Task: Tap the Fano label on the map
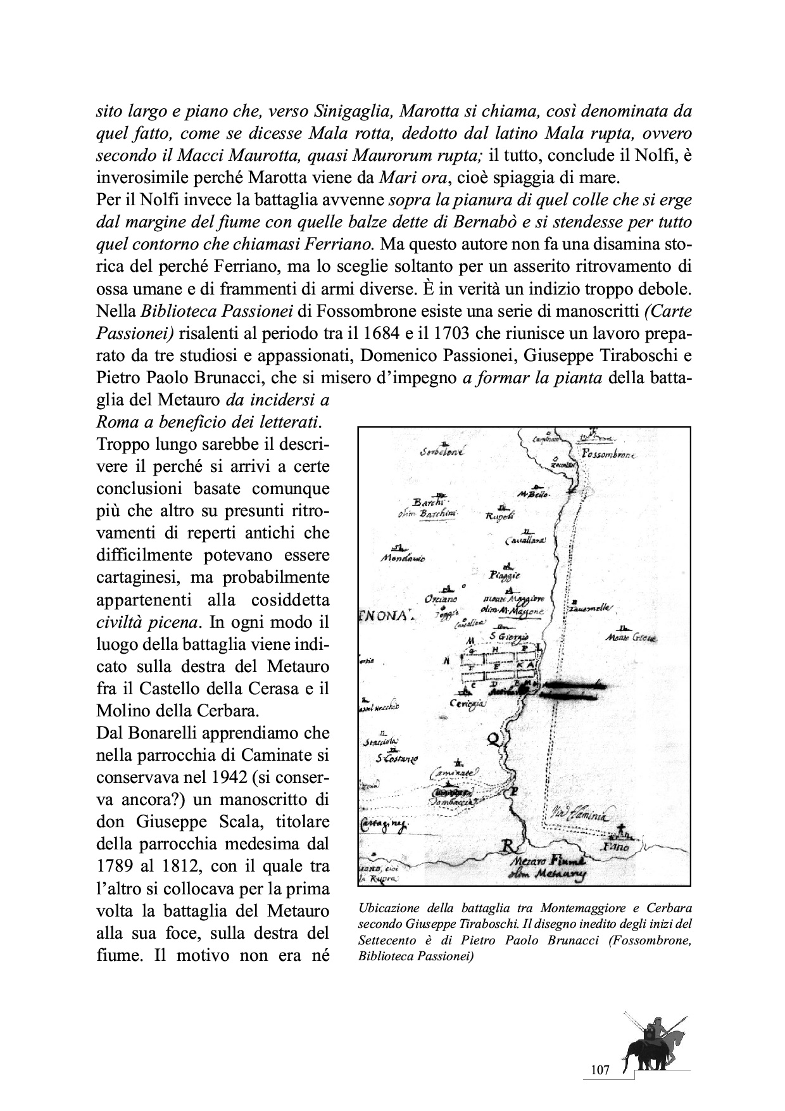(616, 846)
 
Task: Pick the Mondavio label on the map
(403, 559)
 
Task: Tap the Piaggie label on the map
(505, 575)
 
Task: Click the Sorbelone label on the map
(442, 453)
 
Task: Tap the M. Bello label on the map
(533, 493)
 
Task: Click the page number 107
(599, 1070)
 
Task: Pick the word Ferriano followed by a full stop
(341, 244)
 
